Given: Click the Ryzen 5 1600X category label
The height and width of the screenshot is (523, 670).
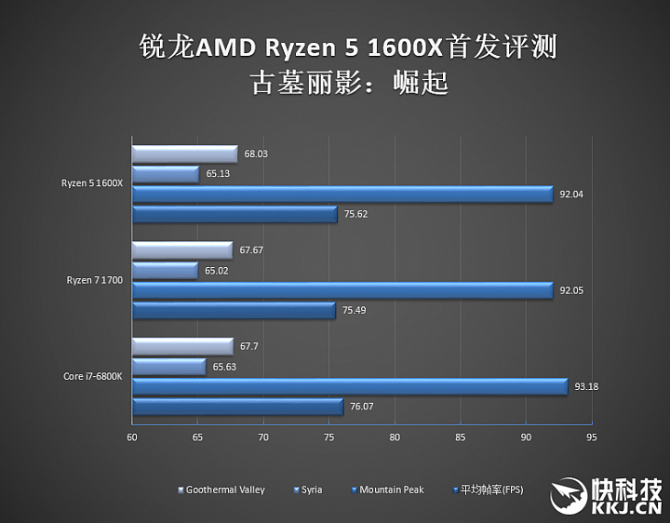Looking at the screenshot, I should pos(93,183).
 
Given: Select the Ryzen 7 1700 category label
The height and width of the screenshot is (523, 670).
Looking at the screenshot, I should pos(95,279).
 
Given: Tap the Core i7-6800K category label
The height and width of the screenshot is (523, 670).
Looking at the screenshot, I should pos(93,376).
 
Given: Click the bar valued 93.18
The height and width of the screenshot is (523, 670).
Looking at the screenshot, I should pos(349,386).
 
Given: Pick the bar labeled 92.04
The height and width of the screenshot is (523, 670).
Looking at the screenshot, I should pos(342,194).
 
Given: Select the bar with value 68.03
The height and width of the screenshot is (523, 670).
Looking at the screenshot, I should pos(184,154).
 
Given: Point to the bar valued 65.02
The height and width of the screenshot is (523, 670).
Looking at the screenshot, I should pos(165,270).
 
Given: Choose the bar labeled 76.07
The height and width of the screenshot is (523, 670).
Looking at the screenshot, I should pos(237,407).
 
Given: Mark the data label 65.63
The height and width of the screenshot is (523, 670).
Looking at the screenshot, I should pos(224,367).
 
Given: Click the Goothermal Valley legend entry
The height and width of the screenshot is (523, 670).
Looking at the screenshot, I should pos(224,489).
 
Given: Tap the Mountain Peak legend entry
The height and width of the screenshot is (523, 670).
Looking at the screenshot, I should pos(391,489).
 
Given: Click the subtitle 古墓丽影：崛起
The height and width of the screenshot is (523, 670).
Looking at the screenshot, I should pos(349,83).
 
